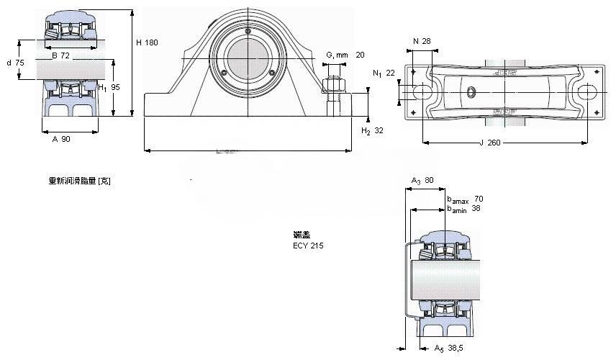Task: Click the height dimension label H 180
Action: point(147,42)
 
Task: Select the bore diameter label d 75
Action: point(15,63)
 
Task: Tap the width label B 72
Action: point(60,55)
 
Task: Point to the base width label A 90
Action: point(61,139)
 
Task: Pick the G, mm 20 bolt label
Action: point(345,55)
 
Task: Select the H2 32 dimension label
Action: point(372,130)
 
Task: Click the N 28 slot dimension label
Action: point(422,41)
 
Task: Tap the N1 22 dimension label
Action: point(384,73)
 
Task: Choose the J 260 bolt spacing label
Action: point(489,143)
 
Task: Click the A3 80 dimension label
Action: point(422,180)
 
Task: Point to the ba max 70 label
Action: point(465,199)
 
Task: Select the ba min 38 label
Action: point(464,209)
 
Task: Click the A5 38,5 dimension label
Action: point(447,348)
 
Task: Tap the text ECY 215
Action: point(308,246)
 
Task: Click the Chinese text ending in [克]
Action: point(79,181)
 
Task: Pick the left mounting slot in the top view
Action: point(422,92)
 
